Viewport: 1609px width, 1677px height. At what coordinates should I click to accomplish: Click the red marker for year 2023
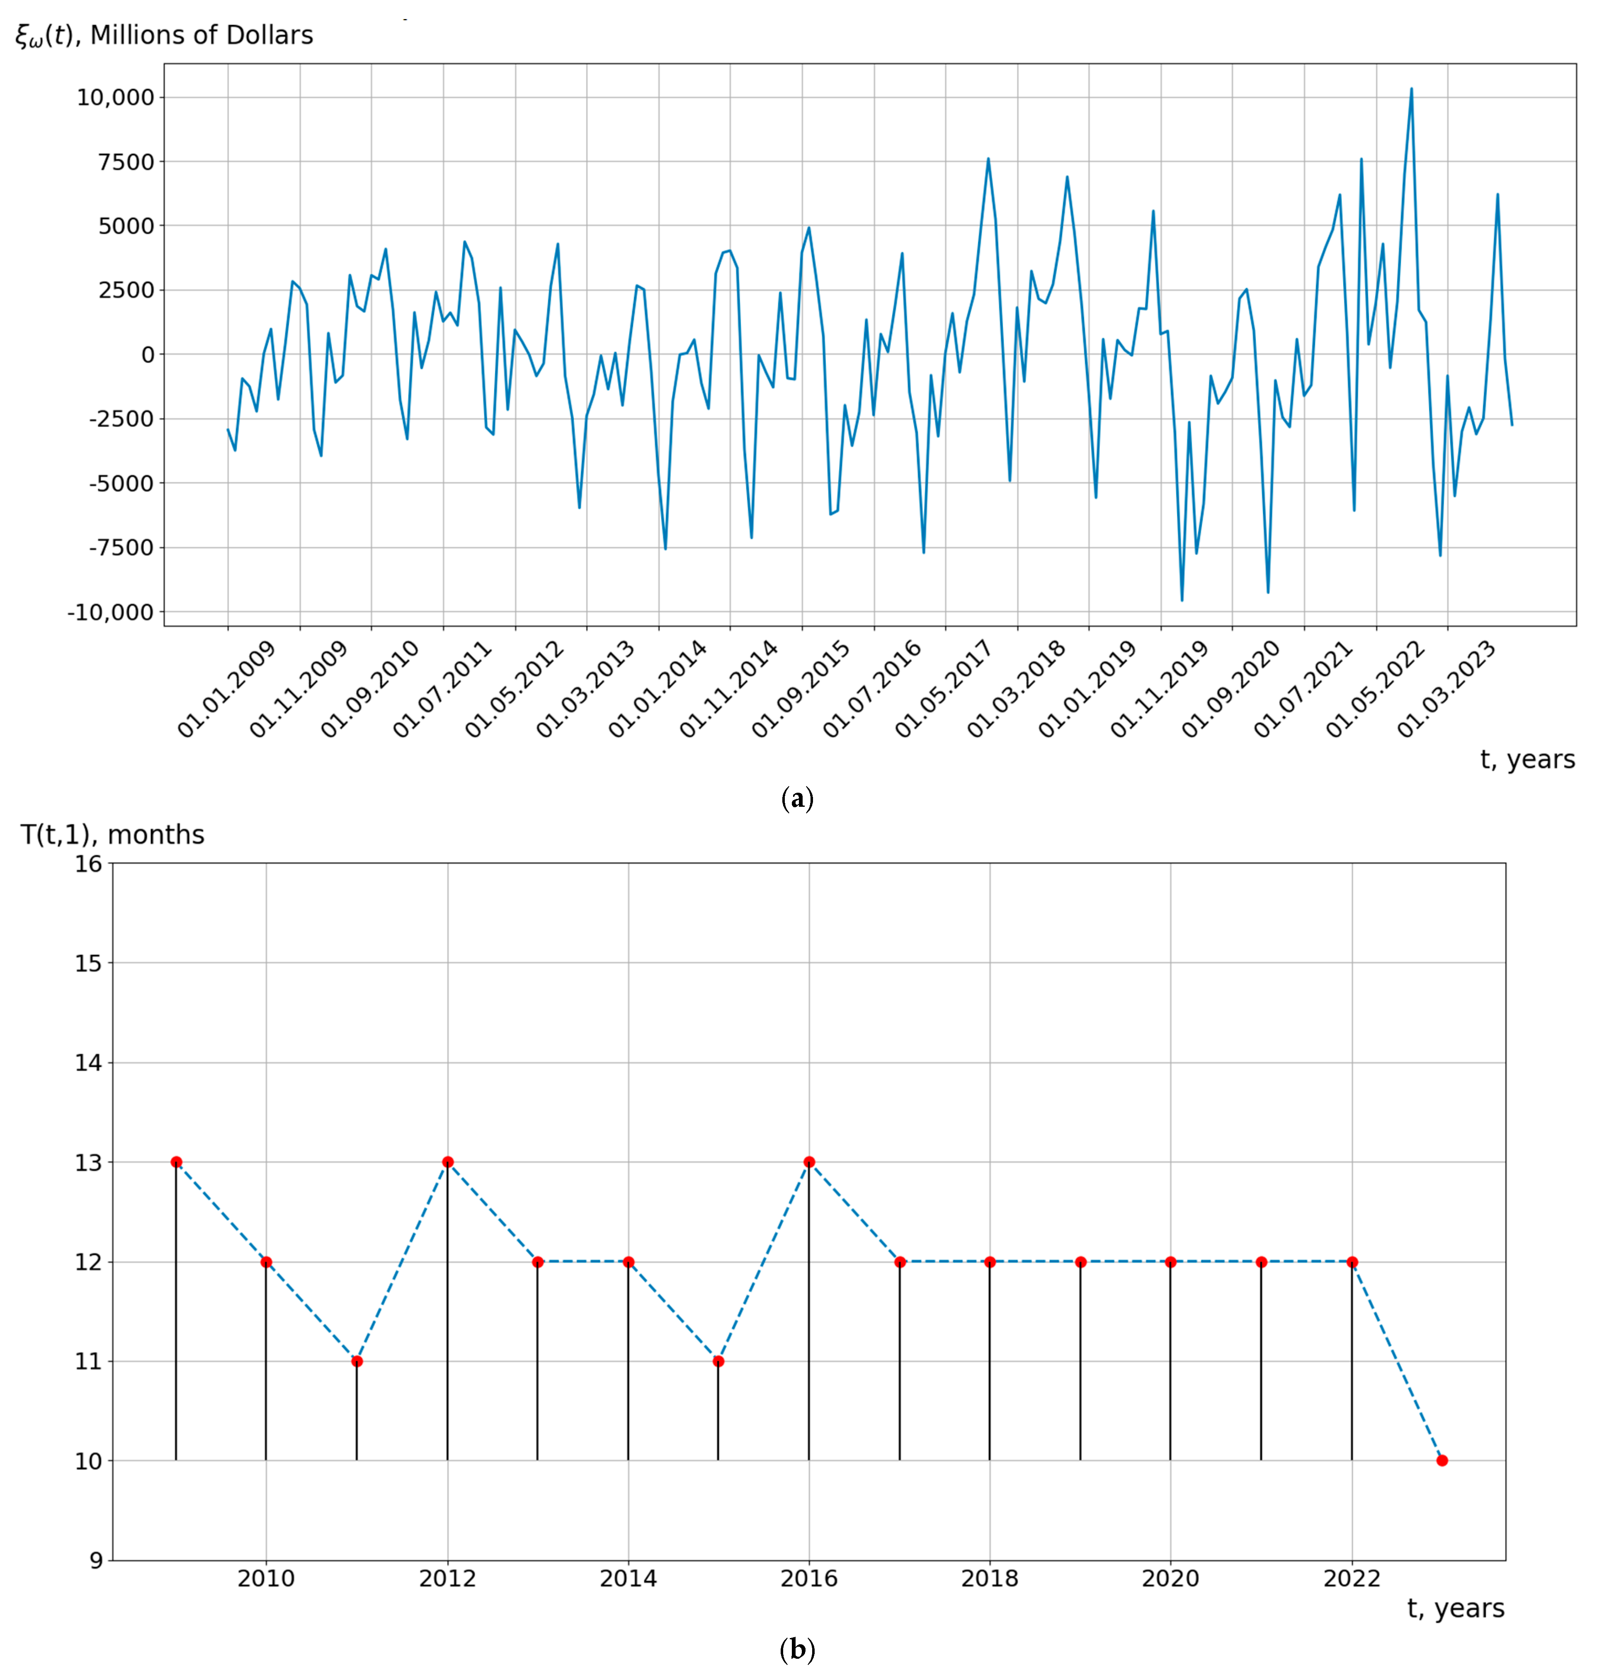(1442, 1461)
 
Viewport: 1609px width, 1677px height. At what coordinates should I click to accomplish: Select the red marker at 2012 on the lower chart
(448, 1162)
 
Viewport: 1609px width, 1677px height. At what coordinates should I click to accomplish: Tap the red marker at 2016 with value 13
(809, 1162)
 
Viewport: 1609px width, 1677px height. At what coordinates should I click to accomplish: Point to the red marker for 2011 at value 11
(357, 1361)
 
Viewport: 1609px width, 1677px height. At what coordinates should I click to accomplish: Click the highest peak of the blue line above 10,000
(1411, 89)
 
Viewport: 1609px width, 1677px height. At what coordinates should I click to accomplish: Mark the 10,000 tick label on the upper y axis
(116, 97)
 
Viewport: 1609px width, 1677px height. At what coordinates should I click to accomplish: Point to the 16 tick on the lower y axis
(88, 863)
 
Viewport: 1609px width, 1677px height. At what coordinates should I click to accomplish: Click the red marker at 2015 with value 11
(718, 1361)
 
